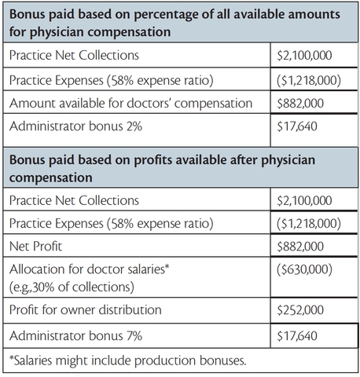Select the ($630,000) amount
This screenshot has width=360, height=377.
(306, 269)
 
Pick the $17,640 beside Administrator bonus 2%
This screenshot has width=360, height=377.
(299, 126)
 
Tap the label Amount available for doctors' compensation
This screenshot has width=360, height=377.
(130, 102)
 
